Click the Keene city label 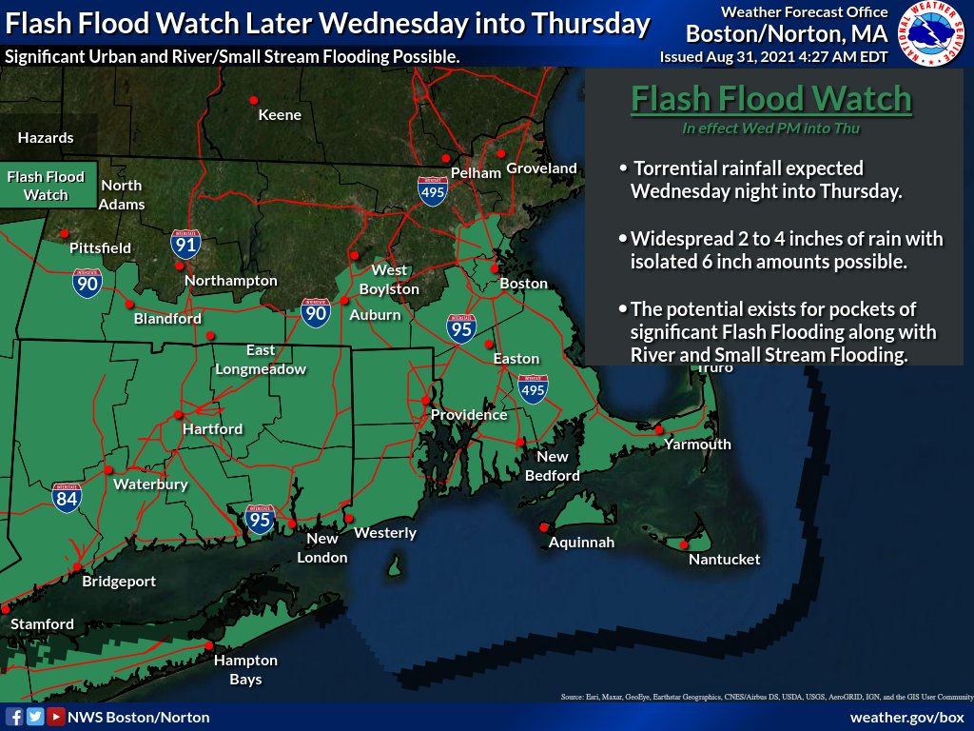(280, 115)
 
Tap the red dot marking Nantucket (684, 544)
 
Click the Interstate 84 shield (67, 497)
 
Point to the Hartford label (212, 429)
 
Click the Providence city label (469, 415)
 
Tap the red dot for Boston (495, 268)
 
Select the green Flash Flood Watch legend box (46, 186)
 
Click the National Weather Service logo (932, 34)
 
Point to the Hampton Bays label (245, 669)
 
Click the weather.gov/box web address (906, 717)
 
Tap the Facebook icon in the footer (15, 717)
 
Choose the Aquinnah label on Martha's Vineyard (581, 543)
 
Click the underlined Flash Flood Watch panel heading (771, 99)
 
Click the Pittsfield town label (100, 247)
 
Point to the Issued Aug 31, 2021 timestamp (773, 57)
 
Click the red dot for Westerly (349, 518)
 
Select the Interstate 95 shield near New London (260, 519)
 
